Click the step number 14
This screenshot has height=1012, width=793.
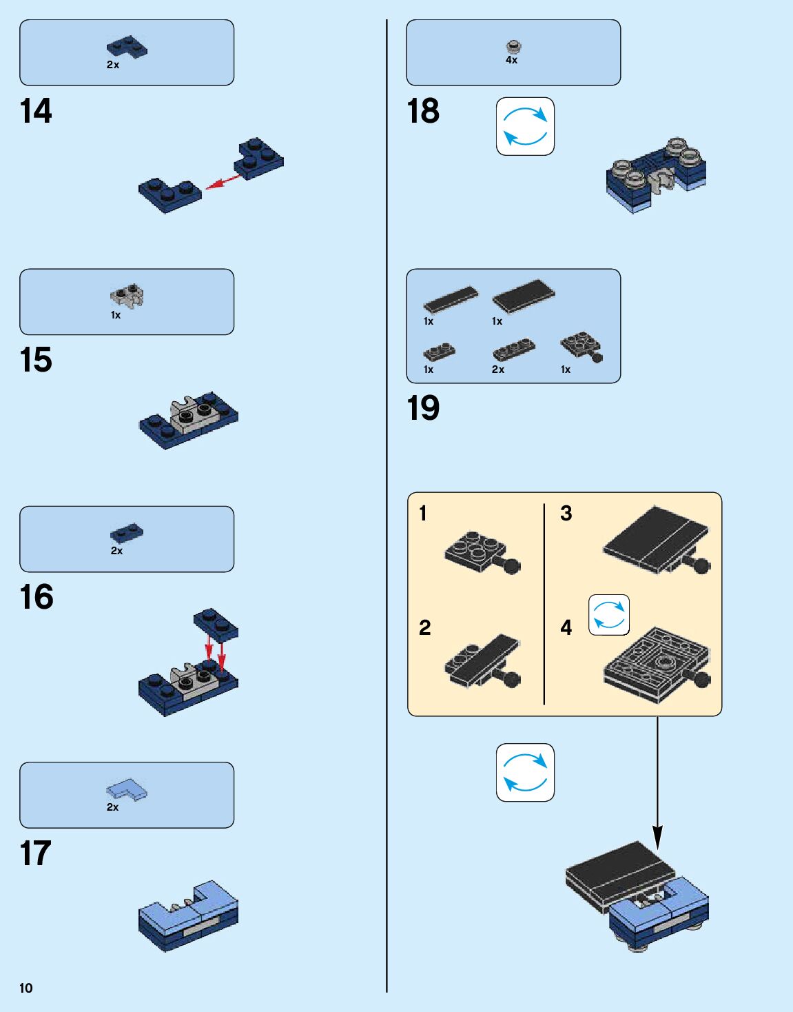coord(36,111)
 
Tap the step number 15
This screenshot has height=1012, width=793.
coord(36,360)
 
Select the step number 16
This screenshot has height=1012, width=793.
coord(37,597)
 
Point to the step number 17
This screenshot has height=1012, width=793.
coord(36,853)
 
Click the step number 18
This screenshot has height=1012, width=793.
coord(423,111)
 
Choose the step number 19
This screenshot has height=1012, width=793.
coord(423,408)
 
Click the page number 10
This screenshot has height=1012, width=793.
coord(26,988)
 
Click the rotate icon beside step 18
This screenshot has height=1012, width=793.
coord(525,126)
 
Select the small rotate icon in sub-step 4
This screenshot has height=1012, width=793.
coord(609,615)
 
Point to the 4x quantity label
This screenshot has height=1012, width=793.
coord(511,61)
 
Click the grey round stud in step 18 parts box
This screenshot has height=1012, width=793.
coord(513,47)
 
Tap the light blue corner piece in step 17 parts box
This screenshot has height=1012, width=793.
coord(127,789)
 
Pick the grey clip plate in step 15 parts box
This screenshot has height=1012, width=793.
coord(127,296)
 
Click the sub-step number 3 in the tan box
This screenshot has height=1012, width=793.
coord(566,514)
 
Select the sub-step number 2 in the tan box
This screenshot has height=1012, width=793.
coord(425,627)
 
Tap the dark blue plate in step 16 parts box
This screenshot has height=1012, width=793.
coord(127,532)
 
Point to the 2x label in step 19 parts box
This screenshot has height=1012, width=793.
coord(498,370)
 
